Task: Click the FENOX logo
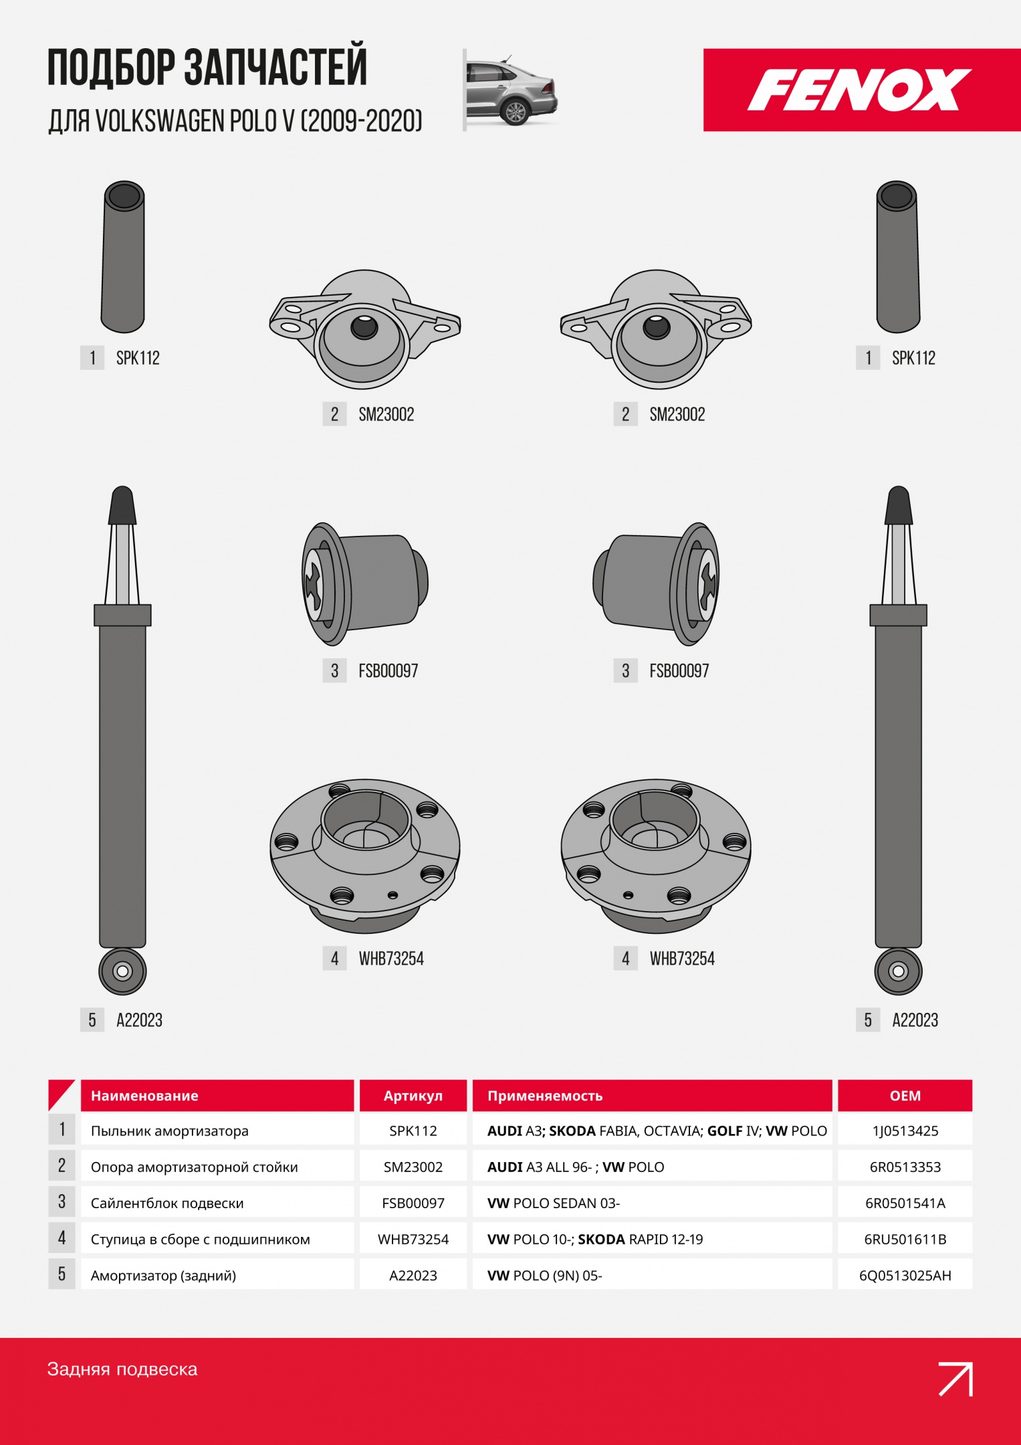click(859, 90)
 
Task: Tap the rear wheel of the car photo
click(516, 113)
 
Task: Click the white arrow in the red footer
click(955, 1379)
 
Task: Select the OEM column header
click(905, 1096)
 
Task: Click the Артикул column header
click(413, 1096)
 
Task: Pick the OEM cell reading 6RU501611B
click(905, 1240)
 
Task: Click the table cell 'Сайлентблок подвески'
click(167, 1203)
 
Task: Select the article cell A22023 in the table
click(413, 1276)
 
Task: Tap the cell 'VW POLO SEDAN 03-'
click(554, 1203)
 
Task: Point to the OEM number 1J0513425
click(905, 1131)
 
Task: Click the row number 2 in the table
click(62, 1166)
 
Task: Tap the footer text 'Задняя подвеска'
click(122, 1369)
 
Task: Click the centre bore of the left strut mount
click(364, 327)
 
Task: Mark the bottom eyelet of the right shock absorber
click(898, 971)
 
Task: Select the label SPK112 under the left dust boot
click(138, 358)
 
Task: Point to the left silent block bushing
click(365, 584)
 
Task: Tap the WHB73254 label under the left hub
click(391, 959)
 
